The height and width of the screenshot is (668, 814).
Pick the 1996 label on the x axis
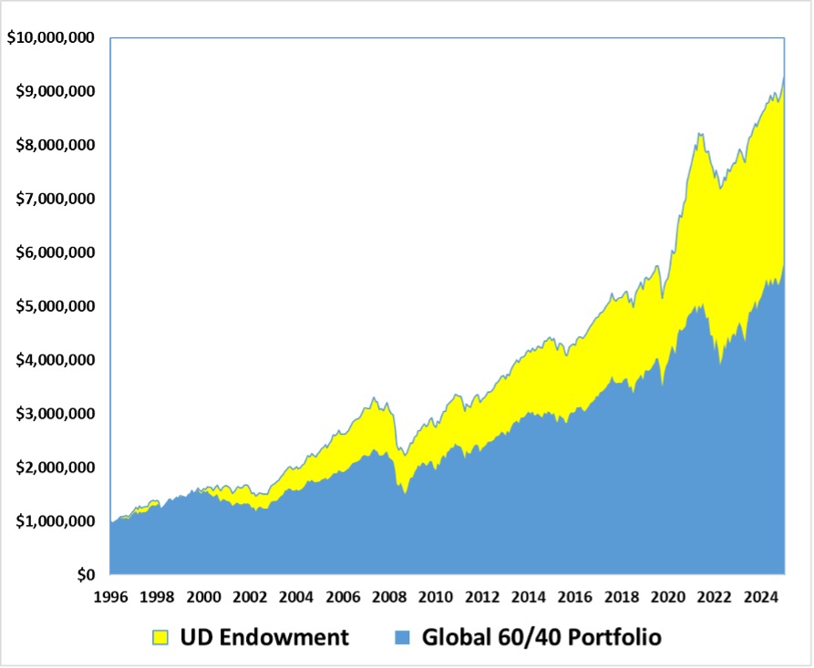pyautogui.click(x=110, y=598)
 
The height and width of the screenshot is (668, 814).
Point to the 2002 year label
pyautogui.click(x=250, y=598)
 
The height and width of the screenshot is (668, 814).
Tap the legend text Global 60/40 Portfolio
pyautogui.click(x=541, y=637)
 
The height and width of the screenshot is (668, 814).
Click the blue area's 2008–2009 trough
pyautogui.click(x=405, y=493)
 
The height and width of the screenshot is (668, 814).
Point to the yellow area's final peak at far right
pyautogui.click(x=784, y=77)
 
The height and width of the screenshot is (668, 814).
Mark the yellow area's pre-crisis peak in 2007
pyautogui.click(x=374, y=397)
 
